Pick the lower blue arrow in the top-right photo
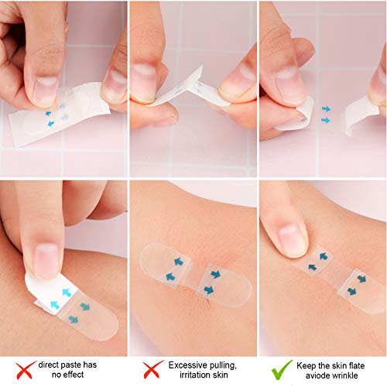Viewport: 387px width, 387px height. [x=326, y=121]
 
